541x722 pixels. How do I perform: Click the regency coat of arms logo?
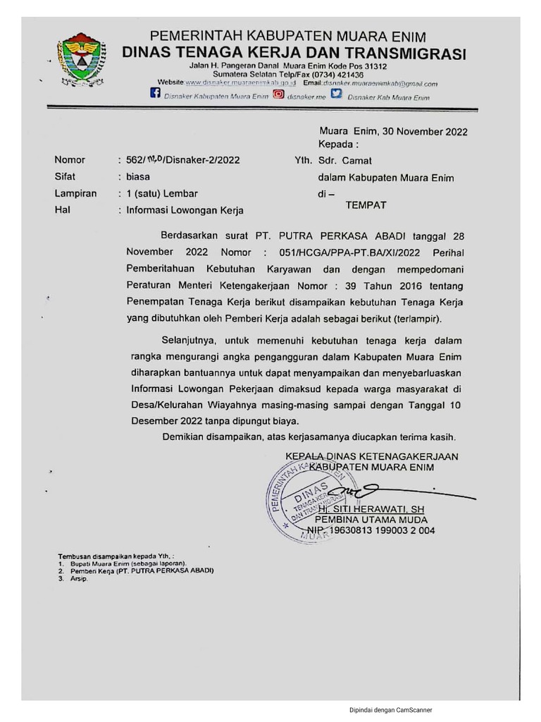pos(81,59)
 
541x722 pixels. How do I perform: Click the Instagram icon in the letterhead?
pos(279,94)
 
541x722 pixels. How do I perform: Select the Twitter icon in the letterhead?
pos(337,94)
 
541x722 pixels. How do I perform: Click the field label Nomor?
pos(70,160)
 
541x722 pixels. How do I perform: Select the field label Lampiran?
pos(75,193)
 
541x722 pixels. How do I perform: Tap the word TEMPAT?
pos(366,205)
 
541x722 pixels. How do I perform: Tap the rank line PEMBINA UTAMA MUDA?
pos(371,520)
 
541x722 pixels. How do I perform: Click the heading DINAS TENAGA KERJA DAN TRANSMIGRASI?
pos(294,53)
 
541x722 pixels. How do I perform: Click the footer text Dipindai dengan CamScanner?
pos(391,710)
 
